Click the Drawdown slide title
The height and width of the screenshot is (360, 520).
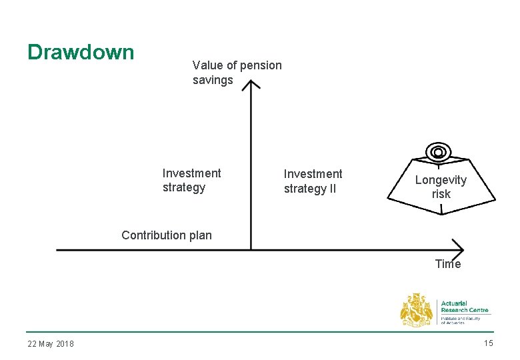pos(81,52)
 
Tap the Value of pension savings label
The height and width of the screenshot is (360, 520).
pos(237,73)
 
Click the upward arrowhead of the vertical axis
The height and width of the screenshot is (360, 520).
pos(251,85)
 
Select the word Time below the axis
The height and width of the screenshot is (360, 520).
pos(447,264)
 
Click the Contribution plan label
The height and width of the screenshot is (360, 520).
pos(167,235)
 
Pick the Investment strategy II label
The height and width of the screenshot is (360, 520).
pos(313,181)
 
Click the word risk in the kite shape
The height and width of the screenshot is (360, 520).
pos(441,194)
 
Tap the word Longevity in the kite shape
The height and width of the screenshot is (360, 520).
pos(441,180)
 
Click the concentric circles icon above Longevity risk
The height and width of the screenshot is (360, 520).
pos(438,153)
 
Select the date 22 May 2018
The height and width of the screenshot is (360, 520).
pos(51,344)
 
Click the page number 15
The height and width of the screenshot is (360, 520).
pos(488,343)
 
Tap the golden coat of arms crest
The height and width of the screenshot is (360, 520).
pos(417,311)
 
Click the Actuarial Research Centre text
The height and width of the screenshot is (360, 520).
pos(465,307)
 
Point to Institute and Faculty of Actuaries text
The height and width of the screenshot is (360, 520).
pos(461,320)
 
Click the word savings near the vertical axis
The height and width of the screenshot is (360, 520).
pos(213,80)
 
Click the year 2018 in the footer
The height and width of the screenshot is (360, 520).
pos(65,344)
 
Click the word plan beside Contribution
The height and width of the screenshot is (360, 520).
pos(200,235)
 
